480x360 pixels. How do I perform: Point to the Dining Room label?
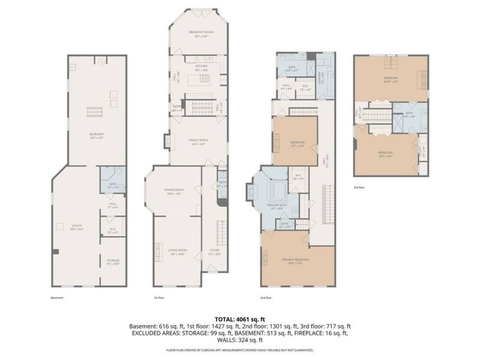pyautogui.click(x=174, y=191)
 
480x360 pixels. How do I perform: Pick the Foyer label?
pyautogui.click(x=215, y=251)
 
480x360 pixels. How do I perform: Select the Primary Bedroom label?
pyautogui.click(x=295, y=260)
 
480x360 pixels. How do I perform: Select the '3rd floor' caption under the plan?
pyautogui.click(x=359, y=187)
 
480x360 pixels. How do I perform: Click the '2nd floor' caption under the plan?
pyautogui.click(x=266, y=296)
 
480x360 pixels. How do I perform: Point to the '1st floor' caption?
pyautogui.click(x=159, y=296)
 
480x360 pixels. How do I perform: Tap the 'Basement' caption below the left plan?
pyautogui.click(x=57, y=296)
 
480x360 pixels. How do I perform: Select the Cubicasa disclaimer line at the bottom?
pyautogui.click(x=240, y=350)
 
